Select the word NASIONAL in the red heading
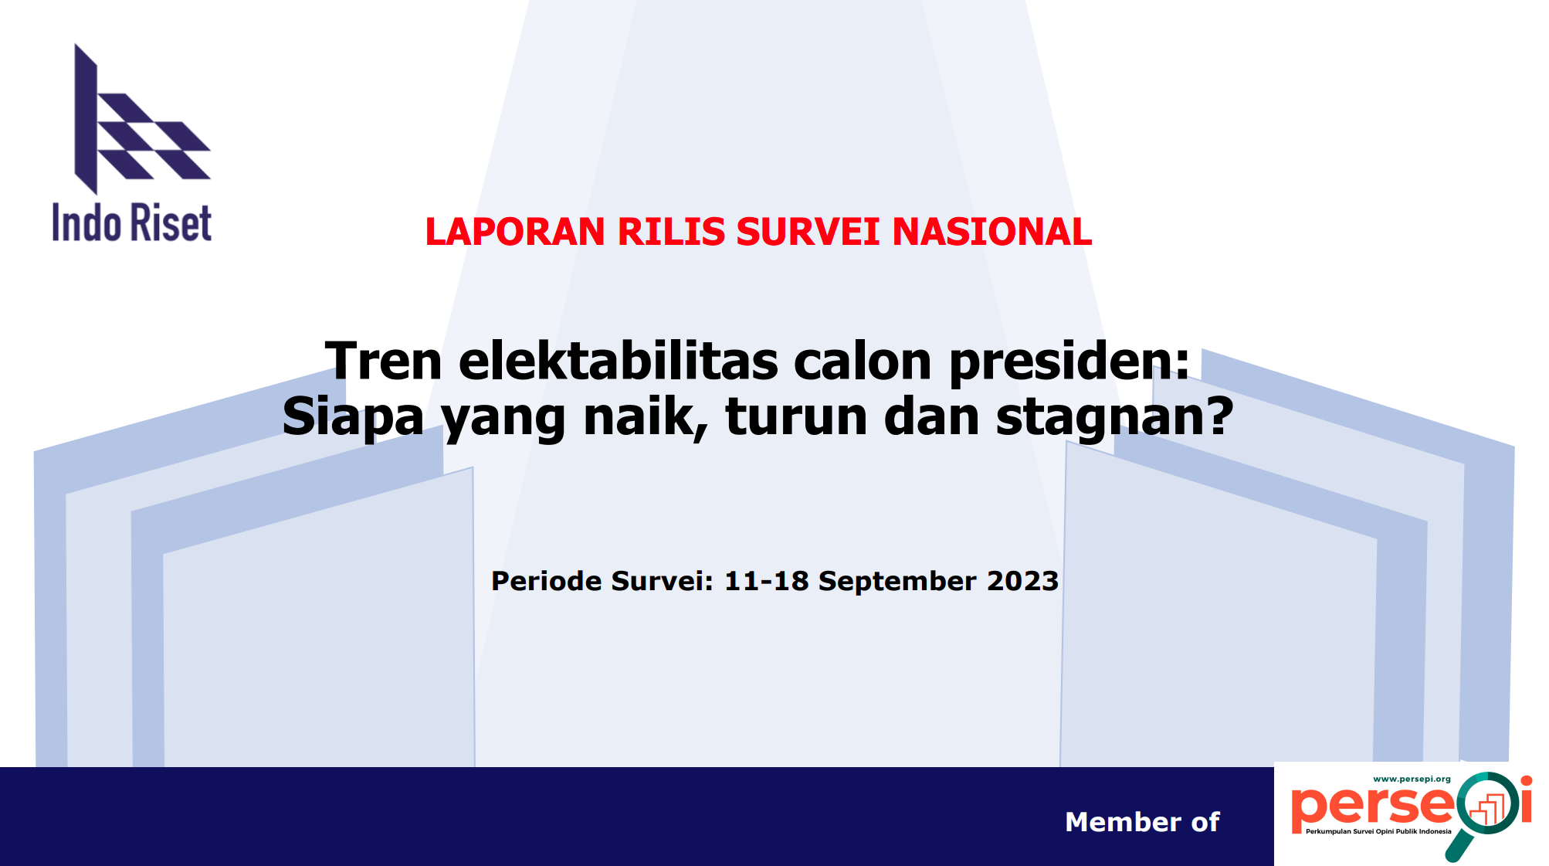coord(991,232)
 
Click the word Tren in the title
coord(383,361)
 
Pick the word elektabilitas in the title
coord(619,361)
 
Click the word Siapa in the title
coord(353,417)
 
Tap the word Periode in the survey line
coord(546,580)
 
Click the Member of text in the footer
coord(1142,822)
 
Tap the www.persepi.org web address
coord(1412,779)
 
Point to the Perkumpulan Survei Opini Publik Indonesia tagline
coord(1378,832)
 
